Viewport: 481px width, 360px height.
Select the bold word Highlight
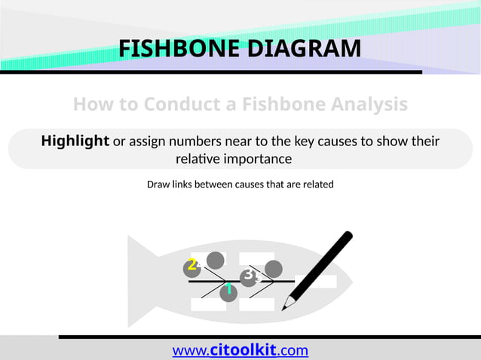pos(75,141)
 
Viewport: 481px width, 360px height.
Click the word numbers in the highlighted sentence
pos(198,142)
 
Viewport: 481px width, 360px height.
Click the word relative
pos(197,160)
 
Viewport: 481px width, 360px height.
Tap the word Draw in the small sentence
pos(158,184)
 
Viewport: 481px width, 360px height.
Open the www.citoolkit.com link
pos(240,350)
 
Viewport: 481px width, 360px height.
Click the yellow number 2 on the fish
pos(192,264)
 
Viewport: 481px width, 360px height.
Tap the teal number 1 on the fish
pos(228,289)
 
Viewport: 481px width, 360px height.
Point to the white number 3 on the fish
pos(248,275)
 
